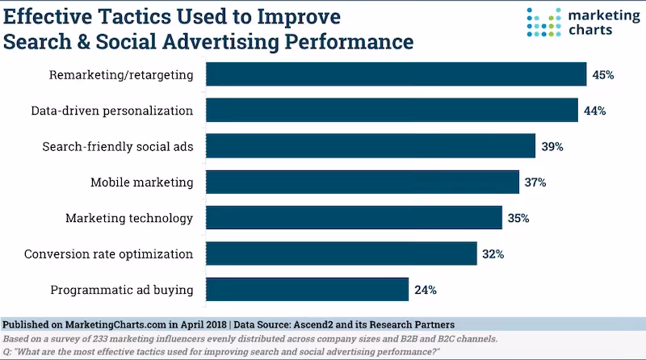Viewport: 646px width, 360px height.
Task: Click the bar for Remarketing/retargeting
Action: (x=396, y=74)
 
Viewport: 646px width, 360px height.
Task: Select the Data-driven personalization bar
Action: (x=392, y=110)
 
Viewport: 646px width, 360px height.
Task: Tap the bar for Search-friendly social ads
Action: (x=371, y=146)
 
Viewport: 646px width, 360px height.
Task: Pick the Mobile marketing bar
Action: (x=363, y=182)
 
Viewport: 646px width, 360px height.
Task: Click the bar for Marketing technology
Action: (x=354, y=218)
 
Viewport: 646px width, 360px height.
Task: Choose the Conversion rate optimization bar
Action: (x=342, y=253)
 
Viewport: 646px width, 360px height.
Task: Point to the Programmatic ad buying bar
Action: (x=307, y=289)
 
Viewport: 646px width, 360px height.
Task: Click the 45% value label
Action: (x=602, y=75)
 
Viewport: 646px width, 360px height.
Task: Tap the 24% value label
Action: (x=426, y=290)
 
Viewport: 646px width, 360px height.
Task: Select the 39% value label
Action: (x=552, y=147)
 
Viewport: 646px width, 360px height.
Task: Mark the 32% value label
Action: (x=493, y=254)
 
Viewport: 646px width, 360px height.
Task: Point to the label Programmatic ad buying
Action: (x=122, y=290)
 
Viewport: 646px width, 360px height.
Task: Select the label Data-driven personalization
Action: (x=112, y=111)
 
